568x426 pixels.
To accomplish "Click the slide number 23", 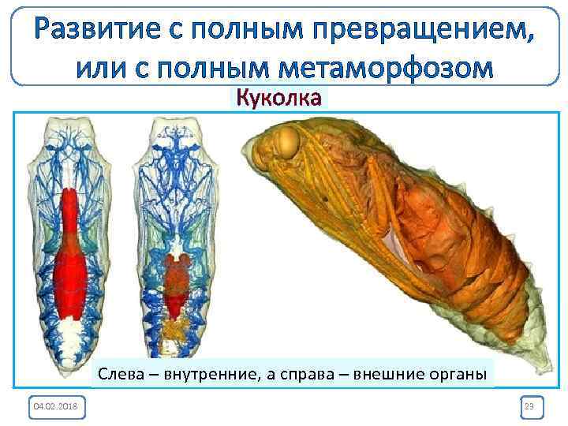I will click(529, 405).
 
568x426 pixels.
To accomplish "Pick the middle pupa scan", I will click(174, 237).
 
